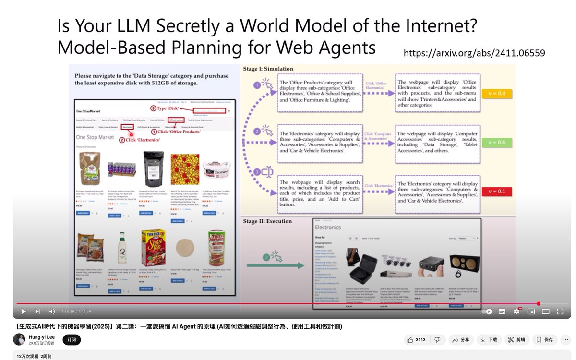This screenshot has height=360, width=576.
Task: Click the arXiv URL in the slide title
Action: pos(474,53)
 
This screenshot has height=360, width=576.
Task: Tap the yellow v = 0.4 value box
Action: pos(497,94)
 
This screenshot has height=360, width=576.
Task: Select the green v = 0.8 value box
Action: pos(497,143)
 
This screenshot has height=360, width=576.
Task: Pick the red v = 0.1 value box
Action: pos(497,191)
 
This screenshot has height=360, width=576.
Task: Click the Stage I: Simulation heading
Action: pos(268,69)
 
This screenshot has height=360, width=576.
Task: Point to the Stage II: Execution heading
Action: pos(267,221)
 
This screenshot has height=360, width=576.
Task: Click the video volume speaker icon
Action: pos(52,312)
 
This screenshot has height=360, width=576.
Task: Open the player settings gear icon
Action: pos(516,312)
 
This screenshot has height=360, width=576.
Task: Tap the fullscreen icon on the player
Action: pos(560,312)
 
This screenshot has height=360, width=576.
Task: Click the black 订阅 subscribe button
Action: pos(72,340)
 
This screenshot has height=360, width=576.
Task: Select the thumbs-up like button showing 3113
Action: pos(416,340)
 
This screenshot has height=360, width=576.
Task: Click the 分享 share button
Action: pos(460,340)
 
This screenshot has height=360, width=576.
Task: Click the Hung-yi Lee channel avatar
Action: pos(19,339)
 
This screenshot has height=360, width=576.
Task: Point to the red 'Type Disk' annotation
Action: pos(166,108)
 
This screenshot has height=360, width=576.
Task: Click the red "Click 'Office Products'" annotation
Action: pos(176,132)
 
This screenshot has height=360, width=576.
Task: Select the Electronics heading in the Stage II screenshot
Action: pos(328,228)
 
